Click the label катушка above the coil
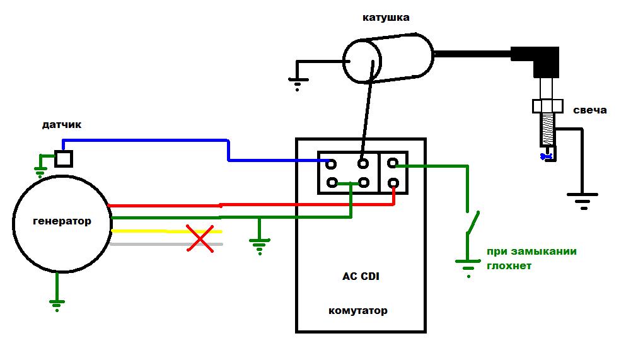(386, 18)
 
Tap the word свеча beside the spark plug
(589, 110)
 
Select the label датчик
(62, 125)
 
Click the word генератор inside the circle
(62, 221)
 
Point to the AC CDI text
(361, 276)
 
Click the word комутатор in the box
(357, 311)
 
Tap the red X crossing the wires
(200, 238)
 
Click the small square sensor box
(64, 158)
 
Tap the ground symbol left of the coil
(298, 84)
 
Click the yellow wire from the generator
(166, 231)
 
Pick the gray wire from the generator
(166, 244)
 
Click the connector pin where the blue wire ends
(331, 164)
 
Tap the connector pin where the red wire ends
(393, 183)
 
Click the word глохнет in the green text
(509, 266)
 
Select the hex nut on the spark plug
(548, 107)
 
